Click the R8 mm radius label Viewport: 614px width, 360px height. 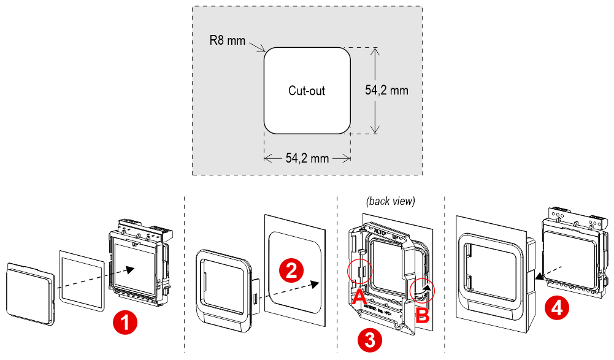226,41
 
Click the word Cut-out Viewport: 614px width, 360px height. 307,91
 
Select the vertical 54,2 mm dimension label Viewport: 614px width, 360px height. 386,90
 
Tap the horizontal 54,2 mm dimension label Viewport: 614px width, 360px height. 307,158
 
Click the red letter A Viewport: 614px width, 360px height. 359,297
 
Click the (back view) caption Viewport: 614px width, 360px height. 391,201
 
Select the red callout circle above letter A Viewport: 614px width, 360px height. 359,270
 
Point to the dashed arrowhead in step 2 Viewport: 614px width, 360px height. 316,283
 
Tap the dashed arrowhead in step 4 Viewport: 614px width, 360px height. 539,277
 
